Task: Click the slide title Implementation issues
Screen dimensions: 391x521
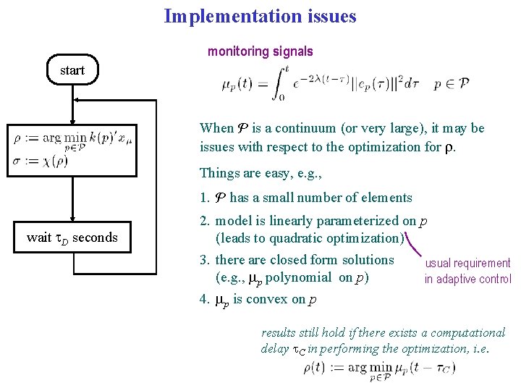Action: pos(260,16)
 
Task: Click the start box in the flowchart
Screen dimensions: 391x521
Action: pos(72,70)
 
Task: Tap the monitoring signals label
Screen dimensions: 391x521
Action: pos(260,51)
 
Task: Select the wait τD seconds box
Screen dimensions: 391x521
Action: pos(72,237)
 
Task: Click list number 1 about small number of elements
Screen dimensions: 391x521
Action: pos(204,198)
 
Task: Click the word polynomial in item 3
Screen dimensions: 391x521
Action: pos(302,277)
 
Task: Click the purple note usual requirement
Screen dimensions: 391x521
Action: pos(467,264)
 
